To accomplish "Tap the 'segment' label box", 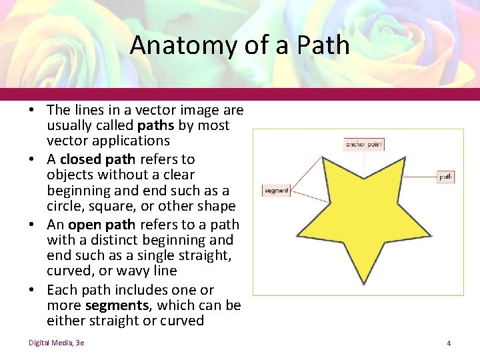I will tap(276, 191).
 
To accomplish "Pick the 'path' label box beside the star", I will tap(446, 177).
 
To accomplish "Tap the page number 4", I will tap(449, 343).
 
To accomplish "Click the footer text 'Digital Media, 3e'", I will tap(56, 343).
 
